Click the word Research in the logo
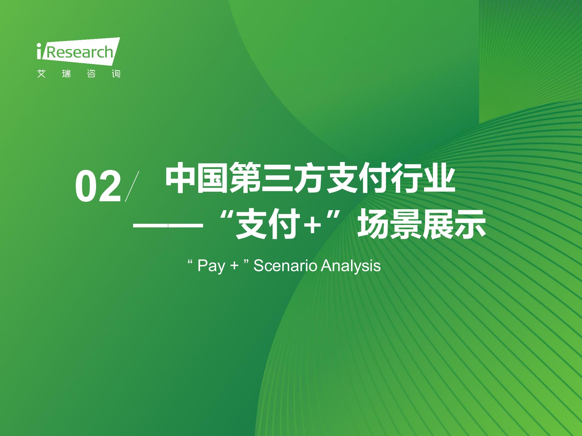click(80, 52)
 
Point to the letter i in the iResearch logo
click(39, 51)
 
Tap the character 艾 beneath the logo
click(41, 74)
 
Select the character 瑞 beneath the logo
click(66, 74)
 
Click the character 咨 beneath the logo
click(91, 74)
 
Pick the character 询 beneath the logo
click(116, 74)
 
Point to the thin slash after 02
click(132, 186)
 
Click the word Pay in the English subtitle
click(211, 266)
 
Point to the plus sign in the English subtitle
click(234, 266)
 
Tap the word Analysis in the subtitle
click(351, 266)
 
